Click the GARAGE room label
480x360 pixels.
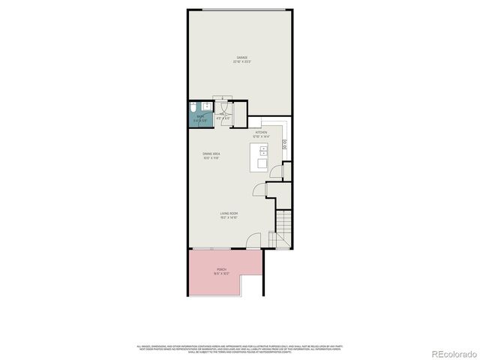tap(242, 56)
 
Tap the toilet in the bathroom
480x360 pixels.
tap(192, 106)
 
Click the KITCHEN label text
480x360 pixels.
tap(260, 132)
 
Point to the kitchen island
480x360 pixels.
tap(262, 157)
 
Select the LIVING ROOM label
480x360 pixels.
tap(229, 214)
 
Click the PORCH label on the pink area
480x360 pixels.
tap(221, 269)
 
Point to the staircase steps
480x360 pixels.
tap(283, 223)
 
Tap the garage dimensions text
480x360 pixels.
tap(242, 61)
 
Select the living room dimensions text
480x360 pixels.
tap(229, 218)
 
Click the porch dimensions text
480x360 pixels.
tap(221, 274)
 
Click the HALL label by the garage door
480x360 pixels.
tap(223, 114)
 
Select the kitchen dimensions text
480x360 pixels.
tap(260, 136)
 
